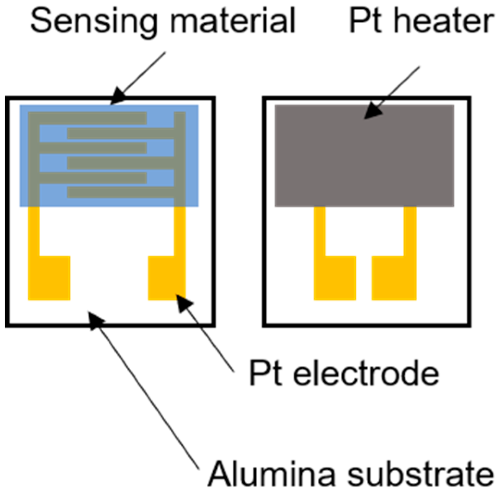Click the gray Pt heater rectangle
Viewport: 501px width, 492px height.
click(364, 155)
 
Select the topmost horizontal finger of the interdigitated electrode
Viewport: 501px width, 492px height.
click(88, 118)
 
